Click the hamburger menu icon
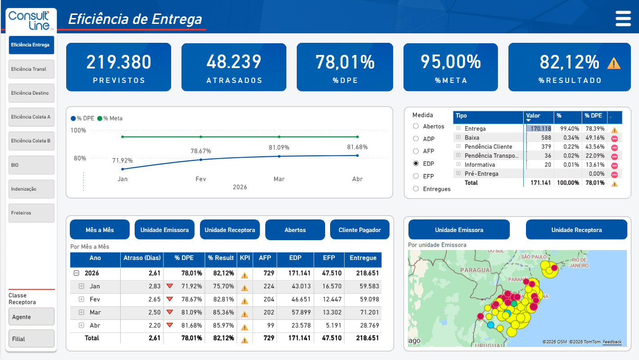623,19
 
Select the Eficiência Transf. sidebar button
32,69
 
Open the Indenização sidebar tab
32,189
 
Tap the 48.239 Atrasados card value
234,62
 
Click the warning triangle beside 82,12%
614,64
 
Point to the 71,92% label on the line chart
122,160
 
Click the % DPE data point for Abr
358,155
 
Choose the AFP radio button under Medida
416,151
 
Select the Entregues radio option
416,189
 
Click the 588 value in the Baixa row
546,137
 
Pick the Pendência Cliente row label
489,147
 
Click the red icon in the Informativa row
615,166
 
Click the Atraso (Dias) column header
142,258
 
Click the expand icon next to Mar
82,312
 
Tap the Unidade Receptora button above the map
576,230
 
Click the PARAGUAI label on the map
476,270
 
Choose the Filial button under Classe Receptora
32,339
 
